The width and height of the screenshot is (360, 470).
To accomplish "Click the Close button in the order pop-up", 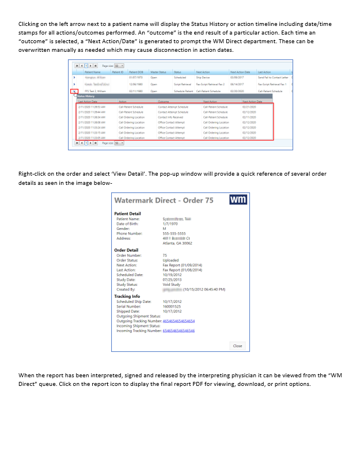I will click(237, 346).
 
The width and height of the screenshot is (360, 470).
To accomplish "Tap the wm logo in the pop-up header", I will click(238, 200).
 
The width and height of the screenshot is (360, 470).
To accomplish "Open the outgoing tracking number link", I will click(179, 321).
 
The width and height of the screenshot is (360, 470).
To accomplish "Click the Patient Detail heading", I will click(127, 214).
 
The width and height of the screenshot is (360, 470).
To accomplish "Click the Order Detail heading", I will click(126, 250).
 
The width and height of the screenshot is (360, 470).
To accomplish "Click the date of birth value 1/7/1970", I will click(170, 223).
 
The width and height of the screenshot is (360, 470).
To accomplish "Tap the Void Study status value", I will click(172, 284).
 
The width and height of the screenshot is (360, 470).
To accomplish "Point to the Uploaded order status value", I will click(170, 260).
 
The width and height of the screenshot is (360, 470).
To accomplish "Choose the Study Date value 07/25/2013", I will click(173, 279).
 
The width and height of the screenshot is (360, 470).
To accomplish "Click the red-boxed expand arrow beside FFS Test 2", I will click(74, 91).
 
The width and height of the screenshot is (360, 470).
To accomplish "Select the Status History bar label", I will click(86, 96).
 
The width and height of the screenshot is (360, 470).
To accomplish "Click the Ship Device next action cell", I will click(203, 77).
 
